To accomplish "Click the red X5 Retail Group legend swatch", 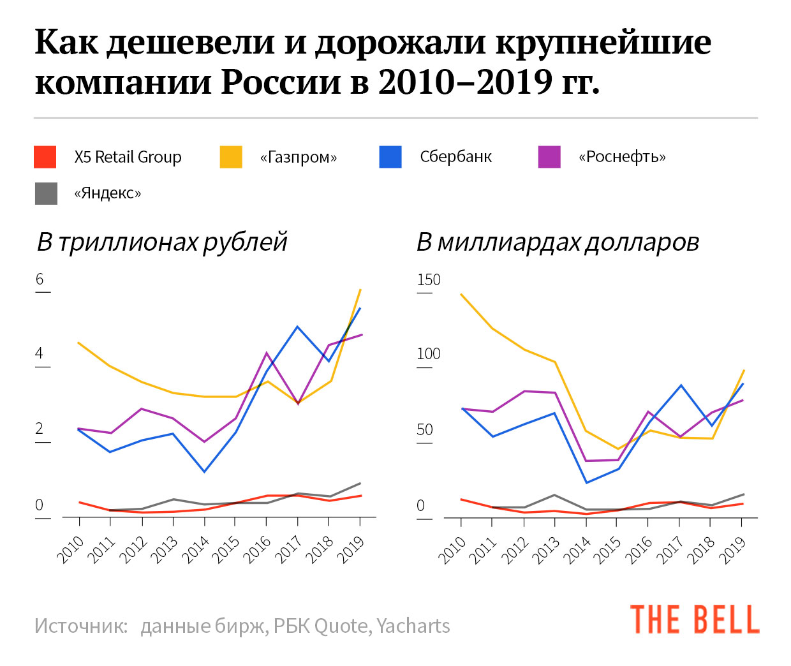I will click(45, 157).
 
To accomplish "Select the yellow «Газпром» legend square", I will click(231, 157).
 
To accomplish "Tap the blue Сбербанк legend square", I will click(390, 157).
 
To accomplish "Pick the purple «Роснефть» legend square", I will click(549, 157).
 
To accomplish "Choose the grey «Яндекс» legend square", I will click(46, 193).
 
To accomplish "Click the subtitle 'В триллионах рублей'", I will click(162, 242).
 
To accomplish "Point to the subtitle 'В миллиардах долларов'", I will click(558, 242).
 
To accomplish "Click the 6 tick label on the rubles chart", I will click(40, 279).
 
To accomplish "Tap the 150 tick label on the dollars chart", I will click(428, 280).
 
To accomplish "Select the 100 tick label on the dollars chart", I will click(428, 354).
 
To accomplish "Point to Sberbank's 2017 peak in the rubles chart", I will click(297, 327).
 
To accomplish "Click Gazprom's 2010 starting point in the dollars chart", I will click(461, 294).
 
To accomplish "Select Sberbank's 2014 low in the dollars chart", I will click(586, 482).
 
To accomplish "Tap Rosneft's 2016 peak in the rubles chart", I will click(267, 353).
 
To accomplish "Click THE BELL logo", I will click(695, 619).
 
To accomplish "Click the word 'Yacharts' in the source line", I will click(413, 626).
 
